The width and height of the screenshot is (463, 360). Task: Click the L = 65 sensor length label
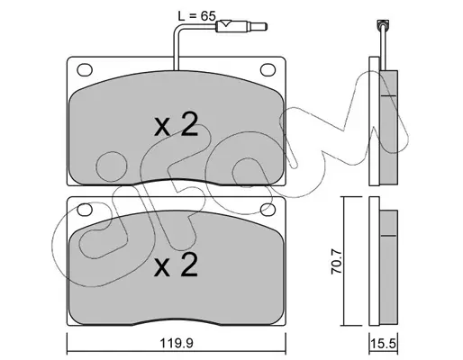tap(196, 15)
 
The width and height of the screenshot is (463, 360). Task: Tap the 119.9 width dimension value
tap(176, 343)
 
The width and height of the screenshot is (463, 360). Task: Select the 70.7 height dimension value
tap(337, 261)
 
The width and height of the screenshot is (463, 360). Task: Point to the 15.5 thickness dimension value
tap(383, 343)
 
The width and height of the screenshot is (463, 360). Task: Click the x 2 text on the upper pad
tap(176, 124)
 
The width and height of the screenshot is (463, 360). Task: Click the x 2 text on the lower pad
tap(176, 265)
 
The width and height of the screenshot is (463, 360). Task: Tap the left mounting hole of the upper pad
tap(85, 69)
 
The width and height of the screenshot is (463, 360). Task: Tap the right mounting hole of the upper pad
tap(268, 69)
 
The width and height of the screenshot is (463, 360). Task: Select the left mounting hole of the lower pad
tap(85, 210)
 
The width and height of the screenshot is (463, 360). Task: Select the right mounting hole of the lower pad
tap(268, 210)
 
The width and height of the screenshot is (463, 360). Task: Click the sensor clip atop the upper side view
tap(383, 24)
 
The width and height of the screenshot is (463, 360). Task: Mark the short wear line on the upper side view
tap(388, 95)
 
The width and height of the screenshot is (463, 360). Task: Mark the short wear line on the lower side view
tap(388, 236)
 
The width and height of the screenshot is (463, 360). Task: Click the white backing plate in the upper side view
tap(374, 121)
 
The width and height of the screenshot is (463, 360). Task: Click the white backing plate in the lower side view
tap(374, 261)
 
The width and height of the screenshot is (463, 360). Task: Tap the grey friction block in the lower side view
tap(389, 266)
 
